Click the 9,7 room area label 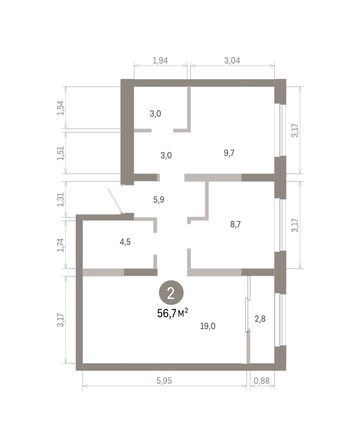click(229, 153)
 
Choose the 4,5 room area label click(125, 240)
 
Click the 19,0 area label click(206, 326)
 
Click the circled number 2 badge click(171, 293)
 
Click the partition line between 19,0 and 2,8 click(247, 320)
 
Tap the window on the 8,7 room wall click(281, 225)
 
